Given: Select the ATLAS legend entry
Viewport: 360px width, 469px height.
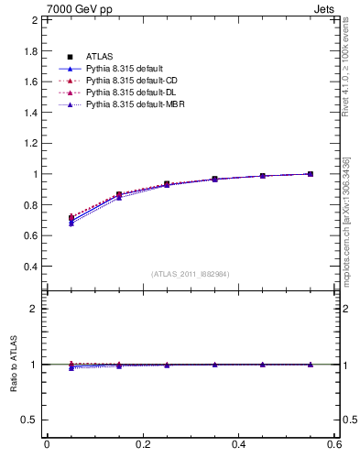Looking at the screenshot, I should (x=99, y=57).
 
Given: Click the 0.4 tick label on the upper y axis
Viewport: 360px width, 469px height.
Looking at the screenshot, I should (x=31, y=267).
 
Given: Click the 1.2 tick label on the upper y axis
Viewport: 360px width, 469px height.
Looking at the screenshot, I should (x=31, y=143).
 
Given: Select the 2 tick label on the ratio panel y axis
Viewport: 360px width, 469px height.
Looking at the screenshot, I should (x=35, y=309).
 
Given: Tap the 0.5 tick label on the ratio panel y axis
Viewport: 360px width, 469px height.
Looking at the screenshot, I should (x=31, y=420).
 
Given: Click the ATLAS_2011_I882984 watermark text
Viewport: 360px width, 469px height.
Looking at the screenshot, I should (x=191, y=274).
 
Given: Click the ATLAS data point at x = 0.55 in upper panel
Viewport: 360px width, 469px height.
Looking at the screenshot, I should (x=311, y=174).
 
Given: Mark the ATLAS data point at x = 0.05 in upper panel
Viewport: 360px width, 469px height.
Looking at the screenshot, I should (x=71, y=218).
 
